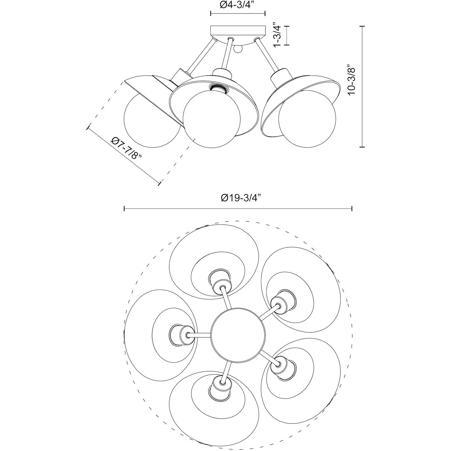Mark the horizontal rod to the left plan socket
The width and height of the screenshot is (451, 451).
point(199,335)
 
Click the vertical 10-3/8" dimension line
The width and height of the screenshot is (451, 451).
point(363,86)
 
